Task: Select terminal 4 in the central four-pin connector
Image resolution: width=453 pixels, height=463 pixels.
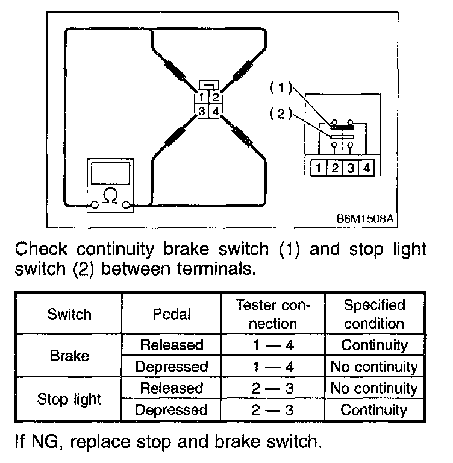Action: (x=216, y=111)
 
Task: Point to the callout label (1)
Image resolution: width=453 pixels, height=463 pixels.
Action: (x=280, y=89)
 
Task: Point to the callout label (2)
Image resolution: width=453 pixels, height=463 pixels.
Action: (x=280, y=113)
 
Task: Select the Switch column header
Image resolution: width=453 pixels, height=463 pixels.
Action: (x=69, y=313)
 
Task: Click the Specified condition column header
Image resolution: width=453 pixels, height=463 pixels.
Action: (x=374, y=313)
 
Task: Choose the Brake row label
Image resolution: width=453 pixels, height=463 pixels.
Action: (x=69, y=356)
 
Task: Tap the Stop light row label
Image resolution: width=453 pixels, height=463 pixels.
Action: (x=69, y=398)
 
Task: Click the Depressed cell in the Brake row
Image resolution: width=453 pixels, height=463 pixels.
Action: (x=172, y=367)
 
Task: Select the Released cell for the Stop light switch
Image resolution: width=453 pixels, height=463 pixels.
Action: (x=172, y=388)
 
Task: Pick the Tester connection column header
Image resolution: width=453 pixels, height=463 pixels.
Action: (x=273, y=313)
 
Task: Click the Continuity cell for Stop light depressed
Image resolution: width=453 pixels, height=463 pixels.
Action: (x=374, y=410)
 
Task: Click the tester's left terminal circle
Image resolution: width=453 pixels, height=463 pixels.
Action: (x=95, y=207)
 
